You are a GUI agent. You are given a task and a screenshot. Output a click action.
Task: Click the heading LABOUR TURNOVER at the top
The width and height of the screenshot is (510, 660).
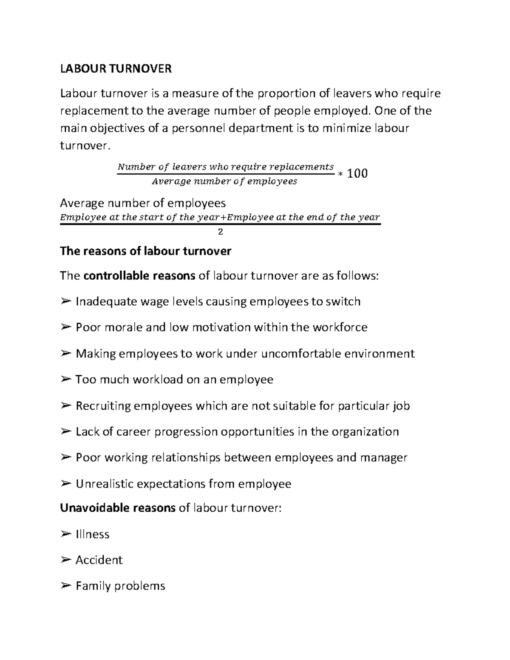tap(116, 69)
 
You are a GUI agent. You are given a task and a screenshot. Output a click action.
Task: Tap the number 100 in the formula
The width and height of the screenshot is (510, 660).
tap(357, 173)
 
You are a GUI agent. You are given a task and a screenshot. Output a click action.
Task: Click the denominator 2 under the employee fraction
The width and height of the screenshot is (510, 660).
tap(220, 232)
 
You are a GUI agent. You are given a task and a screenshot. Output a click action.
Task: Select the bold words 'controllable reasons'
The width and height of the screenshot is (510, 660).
tap(139, 276)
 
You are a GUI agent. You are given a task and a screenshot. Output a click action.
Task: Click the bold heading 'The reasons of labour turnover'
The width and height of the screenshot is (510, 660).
tap(146, 251)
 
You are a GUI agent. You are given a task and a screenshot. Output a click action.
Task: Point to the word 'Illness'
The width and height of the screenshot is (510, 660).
tap(92, 534)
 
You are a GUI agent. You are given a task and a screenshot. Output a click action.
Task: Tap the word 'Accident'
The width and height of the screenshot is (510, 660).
tap(99, 560)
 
